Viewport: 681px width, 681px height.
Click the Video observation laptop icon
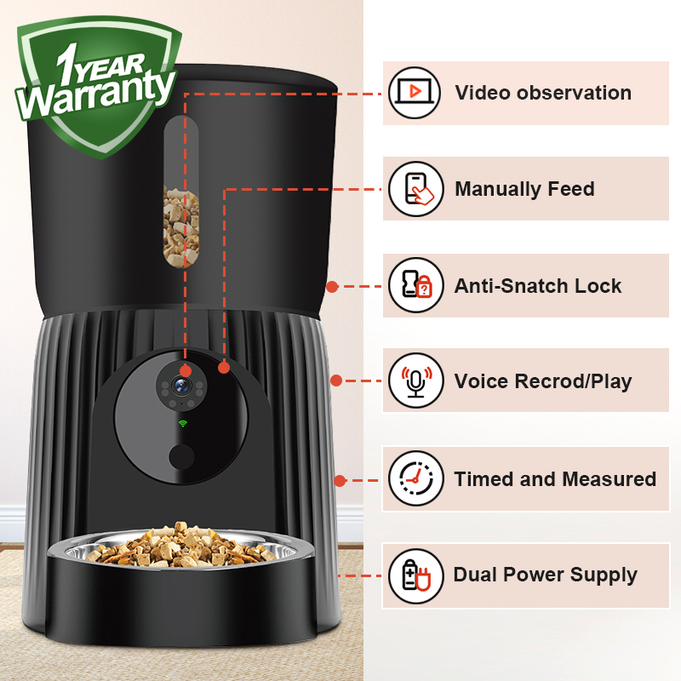415,93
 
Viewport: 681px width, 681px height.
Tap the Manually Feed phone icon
416,189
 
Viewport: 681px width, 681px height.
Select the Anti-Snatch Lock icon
416,285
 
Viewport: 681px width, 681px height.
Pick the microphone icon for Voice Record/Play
416,381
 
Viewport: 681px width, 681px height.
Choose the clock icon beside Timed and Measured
416,478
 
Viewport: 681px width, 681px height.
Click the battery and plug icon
416,576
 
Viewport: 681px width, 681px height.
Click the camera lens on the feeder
181,385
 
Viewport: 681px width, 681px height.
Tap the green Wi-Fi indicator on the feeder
183,423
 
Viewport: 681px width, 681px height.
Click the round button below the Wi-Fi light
181,457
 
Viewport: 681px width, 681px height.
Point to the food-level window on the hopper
181,192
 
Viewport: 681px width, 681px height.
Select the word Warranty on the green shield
96,94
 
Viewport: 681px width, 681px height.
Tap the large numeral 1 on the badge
67,65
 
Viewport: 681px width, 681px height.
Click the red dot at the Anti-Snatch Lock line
332,287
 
